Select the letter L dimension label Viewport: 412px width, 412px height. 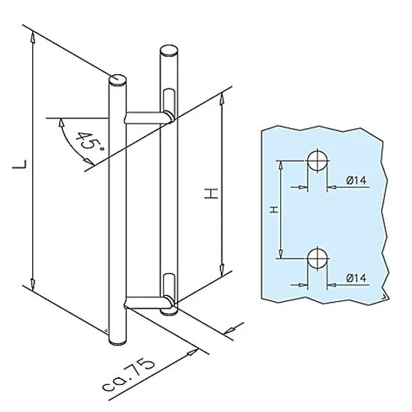pos(19,164)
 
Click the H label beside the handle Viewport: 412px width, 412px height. pos(211,193)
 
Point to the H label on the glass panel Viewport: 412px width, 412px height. pos(273,210)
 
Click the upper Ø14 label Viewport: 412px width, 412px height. pos(356,181)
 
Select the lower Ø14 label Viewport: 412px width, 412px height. pos(356,278)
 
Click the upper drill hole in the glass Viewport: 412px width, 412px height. pos(318,160)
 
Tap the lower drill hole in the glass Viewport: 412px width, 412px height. pos(318,258)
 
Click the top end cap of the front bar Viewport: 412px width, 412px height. pos(118,79)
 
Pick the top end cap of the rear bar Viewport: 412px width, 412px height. pos(169,50)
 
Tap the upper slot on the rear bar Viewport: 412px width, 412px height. pos(169,101)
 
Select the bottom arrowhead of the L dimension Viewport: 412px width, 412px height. pos(32,285)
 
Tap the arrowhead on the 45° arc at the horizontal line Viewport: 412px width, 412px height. pos(61,123)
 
